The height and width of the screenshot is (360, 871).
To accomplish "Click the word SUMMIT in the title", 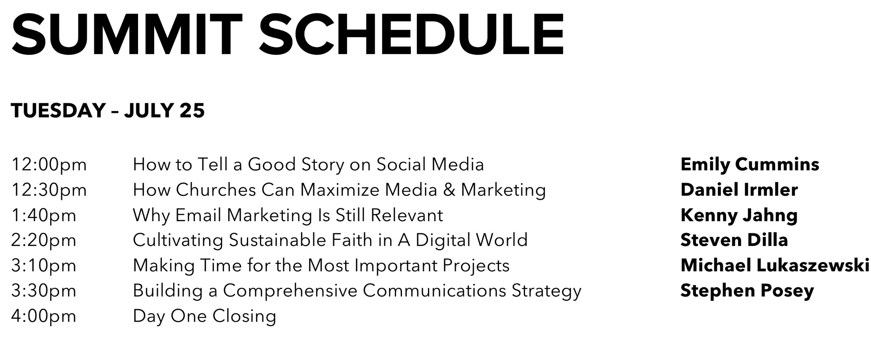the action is [127, 34].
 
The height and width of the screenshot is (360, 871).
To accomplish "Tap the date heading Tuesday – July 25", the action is [108, 110].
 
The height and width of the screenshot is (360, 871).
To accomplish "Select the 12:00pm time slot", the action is [49, 165].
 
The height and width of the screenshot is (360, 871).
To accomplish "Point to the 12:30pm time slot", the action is [49, 190].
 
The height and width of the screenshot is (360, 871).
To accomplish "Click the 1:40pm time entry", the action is [44, 215].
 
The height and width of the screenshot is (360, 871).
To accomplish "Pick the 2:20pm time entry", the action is [44, 240].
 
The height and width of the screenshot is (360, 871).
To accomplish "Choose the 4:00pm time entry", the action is [44, 316].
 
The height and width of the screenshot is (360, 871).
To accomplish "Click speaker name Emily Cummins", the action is [750, 165].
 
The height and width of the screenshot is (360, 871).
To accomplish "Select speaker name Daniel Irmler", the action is [739, 190].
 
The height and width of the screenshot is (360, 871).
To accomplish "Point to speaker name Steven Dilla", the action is [734, 240].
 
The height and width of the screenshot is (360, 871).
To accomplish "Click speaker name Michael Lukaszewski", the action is [775, 265].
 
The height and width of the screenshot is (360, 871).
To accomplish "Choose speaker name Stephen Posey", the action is [747, 291].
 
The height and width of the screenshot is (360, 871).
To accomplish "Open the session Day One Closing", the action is [204, 316].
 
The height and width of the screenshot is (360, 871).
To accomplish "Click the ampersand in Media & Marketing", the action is [449, 190].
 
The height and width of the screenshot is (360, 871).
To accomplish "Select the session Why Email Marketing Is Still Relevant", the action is [288, 215].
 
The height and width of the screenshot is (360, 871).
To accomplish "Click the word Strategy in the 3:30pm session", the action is [546, 291].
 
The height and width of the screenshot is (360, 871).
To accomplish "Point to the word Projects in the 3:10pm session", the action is [476, 266].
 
